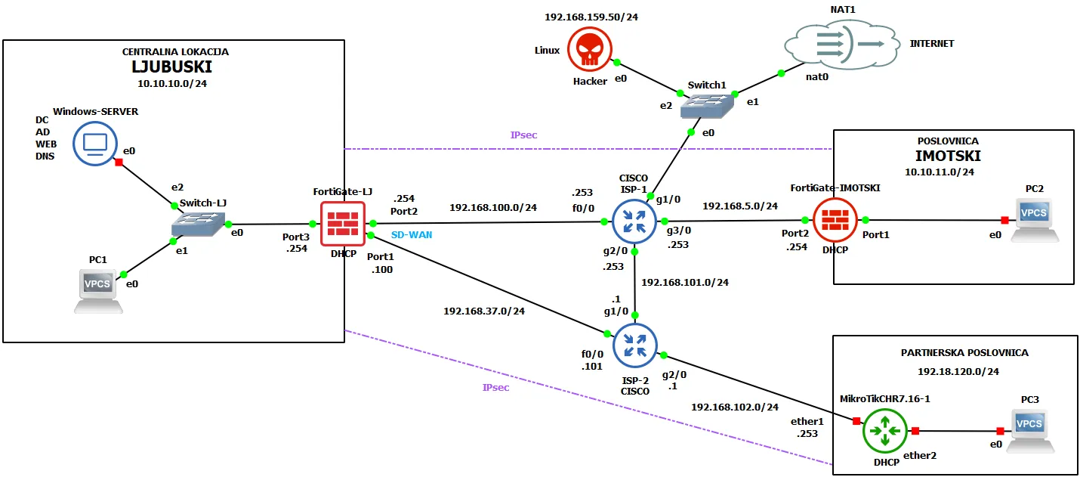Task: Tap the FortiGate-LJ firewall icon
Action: [342, 224]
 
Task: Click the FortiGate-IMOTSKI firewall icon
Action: [835, 219]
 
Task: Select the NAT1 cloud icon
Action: [839, 45]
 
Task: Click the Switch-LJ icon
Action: [198, 225]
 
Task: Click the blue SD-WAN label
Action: [412, 235]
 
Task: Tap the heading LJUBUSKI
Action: [174, 67]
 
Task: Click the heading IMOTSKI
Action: [948, 156]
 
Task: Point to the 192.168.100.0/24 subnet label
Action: [492, 207]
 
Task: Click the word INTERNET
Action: [931, 44]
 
